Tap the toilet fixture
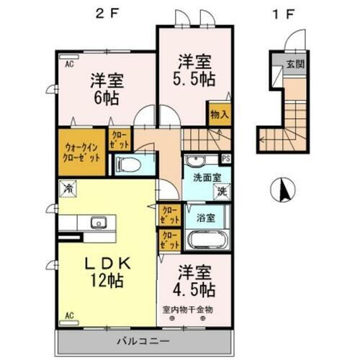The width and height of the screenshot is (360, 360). coord(130,164)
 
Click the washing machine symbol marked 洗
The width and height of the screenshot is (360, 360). coord(222,192)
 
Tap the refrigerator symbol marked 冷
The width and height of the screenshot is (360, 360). coord(69,189)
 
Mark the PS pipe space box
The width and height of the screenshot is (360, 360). coord(226,159)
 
